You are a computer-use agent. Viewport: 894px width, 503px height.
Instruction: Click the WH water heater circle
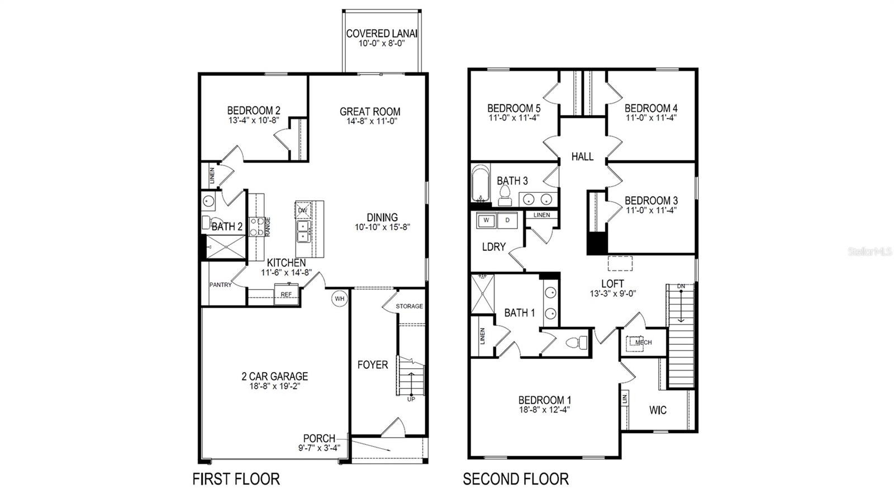click(x=339, y=299)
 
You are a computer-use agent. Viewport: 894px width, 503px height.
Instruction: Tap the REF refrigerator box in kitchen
click(x=286, y=295)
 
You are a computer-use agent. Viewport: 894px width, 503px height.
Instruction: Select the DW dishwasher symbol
click(x=303, y=210)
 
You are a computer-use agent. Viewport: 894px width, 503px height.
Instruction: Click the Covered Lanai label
click(x=382, y=34)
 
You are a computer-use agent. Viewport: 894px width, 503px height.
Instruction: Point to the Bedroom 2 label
click(x=254, y=111)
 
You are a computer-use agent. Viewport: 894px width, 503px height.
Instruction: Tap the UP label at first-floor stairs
click(x=411, y=399)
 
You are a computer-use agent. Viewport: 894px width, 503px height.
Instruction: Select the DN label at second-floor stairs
click(x=681, y=287)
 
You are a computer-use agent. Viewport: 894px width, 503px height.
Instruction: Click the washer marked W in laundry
click(x=486, y=220)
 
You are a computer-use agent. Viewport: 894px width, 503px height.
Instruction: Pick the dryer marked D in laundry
click(x=507, y=220)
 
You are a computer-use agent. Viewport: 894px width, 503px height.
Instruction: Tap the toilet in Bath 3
click(x=505, y=194)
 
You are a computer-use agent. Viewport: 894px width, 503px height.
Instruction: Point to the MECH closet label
click(x=643, y=343)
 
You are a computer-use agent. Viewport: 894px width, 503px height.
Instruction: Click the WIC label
click(x=658, y=410)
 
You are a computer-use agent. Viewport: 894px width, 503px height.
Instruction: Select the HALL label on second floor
click(x=582, y=157)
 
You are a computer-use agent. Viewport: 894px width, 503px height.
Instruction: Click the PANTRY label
click(x=221, y=285)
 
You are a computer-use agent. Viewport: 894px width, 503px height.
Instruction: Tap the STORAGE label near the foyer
click(x=409, y=306)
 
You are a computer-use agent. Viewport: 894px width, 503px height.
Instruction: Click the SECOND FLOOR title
click(x=516, y=479)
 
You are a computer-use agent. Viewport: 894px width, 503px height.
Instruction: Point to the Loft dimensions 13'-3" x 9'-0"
click(x=613, y=293)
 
